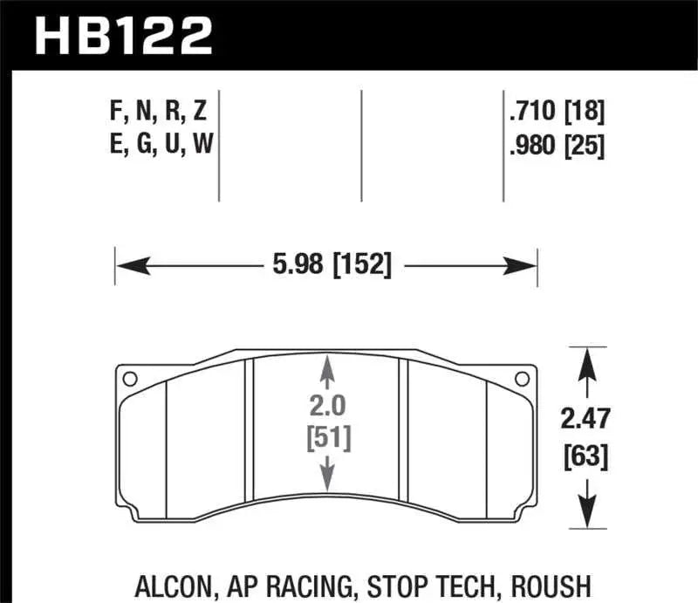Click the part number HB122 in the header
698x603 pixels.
pyautogui.click(x=122, y=35)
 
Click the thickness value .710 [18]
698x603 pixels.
pyautogui.click(x=556, y=112)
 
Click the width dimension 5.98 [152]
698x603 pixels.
pyautogui.click(x=328, y=263)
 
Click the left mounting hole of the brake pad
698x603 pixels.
pyautogui.click(x=130, y=379)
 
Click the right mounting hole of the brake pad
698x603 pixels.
pyautogui.click(x=523, y=379)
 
